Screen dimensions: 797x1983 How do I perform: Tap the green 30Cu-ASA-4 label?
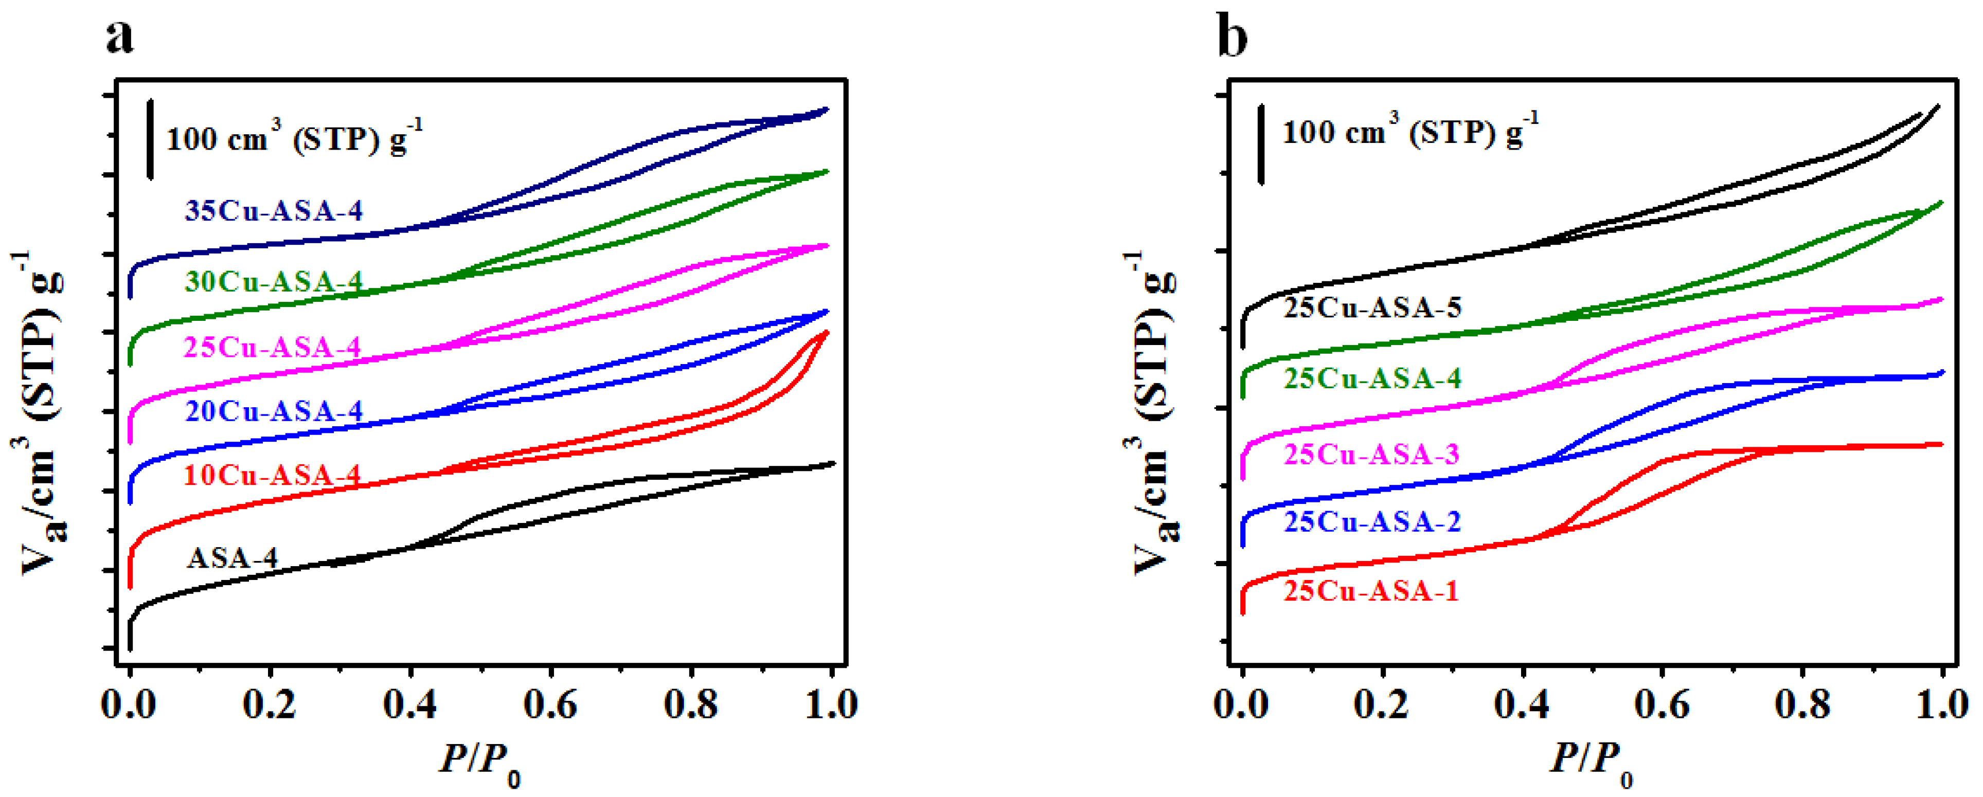point(273,282)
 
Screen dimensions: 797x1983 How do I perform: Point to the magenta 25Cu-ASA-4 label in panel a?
point(272,348)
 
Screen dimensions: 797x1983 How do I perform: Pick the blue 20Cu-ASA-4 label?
point(273,411)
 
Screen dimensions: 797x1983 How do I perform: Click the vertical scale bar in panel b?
point(1261,144)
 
